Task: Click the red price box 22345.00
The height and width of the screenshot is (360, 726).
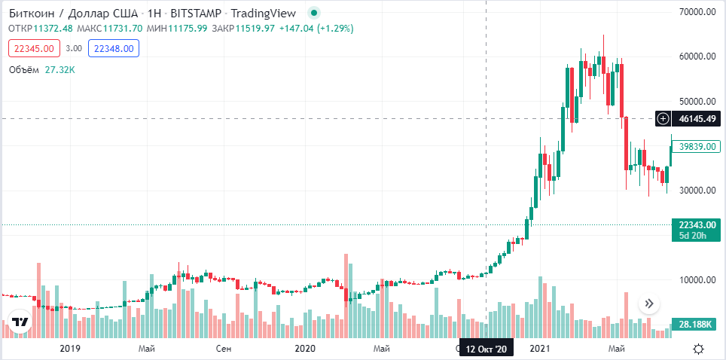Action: click(35, 49)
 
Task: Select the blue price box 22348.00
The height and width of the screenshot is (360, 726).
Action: click(113, 49)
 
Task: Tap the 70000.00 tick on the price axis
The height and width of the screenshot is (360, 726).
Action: click(696, 12)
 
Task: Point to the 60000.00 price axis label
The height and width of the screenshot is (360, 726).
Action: click(696, 56)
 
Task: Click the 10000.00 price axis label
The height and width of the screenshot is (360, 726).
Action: click(696, 279)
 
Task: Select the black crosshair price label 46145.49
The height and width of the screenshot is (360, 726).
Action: click(695, 118)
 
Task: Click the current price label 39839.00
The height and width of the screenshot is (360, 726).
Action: click(695, 147)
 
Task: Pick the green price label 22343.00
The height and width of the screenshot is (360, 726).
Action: click(695, 224)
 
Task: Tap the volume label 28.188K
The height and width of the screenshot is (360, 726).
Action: click(695, 323)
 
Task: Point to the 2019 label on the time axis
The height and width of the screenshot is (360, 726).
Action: click(69, 349)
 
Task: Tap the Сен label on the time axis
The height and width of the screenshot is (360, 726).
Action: click(224, 349)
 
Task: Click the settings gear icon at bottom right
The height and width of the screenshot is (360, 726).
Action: click(698, 349)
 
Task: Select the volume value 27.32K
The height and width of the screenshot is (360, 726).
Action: click(59, 70)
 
